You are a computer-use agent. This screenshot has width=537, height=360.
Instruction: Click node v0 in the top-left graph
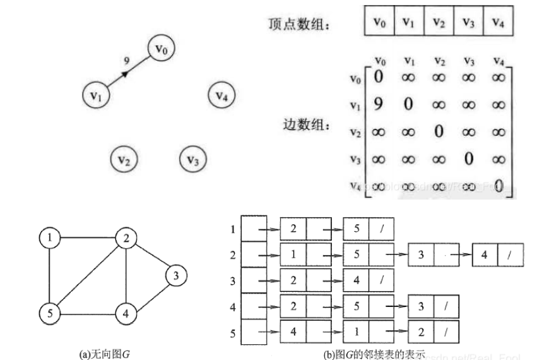click(x=162, y=49)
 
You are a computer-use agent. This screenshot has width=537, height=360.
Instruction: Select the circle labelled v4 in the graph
click(x=221, y=96)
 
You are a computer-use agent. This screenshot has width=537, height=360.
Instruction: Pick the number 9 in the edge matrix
click(x=379, y=104)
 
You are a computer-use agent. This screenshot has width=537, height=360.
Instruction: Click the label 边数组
click(x=307, y=124)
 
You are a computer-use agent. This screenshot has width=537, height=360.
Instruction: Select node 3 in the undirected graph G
click(x=177, y=275)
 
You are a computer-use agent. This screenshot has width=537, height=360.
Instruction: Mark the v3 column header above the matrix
click(x=468, y=61)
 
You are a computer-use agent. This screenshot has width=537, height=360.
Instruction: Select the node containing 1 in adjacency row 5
click(x=357, y=330)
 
